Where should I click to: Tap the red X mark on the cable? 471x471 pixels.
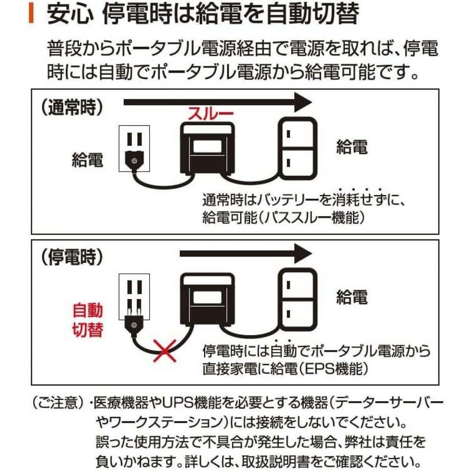(164, 351)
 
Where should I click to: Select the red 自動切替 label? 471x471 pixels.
(88, 321)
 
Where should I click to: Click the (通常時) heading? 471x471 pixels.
(72, 107)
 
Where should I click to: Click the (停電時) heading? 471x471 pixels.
(72, 257)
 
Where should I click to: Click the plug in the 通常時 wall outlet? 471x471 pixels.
(134, 160)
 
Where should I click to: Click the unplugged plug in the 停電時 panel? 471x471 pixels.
(134, 324)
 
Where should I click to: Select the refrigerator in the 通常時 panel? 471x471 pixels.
(298, 147)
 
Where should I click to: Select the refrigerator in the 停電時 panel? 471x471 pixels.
(298, 298)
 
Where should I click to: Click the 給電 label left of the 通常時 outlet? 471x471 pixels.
(87, 160)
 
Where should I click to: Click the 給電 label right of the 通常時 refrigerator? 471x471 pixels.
(352, 147)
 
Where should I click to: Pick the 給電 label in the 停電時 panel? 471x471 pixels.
(352, 297)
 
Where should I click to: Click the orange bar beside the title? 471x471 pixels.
(31, 13)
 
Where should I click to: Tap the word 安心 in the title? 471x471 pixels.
(69, 14)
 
